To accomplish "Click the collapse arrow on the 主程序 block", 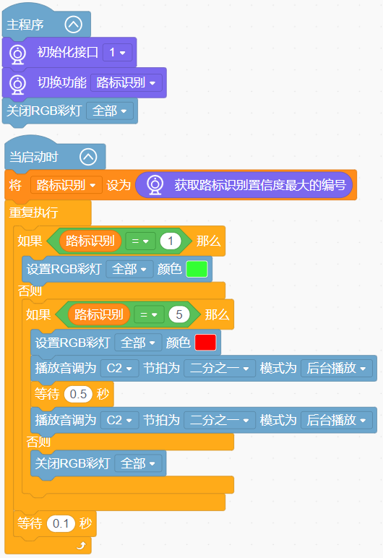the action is [74, 25].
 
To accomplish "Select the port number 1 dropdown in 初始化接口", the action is [118, 53].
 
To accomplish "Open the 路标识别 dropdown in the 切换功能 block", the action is [126, 82].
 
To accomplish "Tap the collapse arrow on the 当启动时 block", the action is [88, 157].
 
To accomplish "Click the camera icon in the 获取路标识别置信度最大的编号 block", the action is [155, 185].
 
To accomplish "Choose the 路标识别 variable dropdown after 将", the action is [66, 185].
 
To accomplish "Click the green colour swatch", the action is [197, 269].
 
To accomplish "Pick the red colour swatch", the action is [205, 343].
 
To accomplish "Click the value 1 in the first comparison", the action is [171, 241].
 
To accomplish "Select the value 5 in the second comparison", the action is [179, 314].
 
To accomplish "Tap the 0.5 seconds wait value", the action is [78, 394].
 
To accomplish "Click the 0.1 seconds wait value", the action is [61, 523].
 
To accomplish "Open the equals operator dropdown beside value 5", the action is [149, 314].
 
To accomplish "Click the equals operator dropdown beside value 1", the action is [140, 241].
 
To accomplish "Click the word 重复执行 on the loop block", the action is [33, 213].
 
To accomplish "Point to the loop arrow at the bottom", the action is [82, 545].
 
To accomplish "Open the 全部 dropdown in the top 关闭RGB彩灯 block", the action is [110, 111].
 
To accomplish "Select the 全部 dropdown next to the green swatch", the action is [129, 269].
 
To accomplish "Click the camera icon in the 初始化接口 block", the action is [18, 54].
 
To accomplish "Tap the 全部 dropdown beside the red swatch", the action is [138, 343].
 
